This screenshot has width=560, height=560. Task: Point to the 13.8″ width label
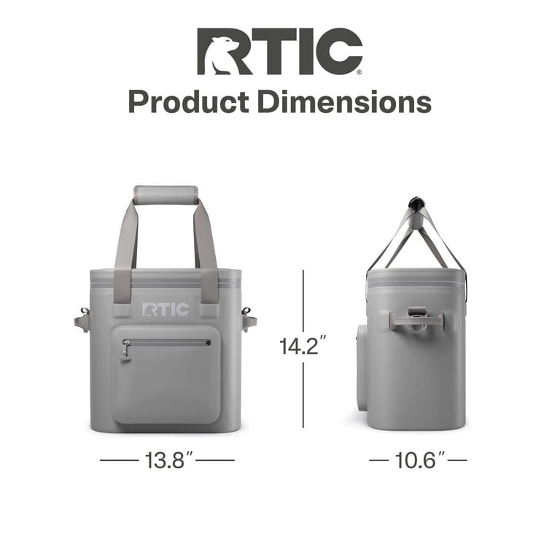[167, 460]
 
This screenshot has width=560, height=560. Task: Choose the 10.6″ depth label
[418, 460]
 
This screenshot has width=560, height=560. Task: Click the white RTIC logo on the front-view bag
[166, 310]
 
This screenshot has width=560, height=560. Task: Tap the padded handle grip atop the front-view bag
[166, 195]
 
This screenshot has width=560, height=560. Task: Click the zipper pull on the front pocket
[126, 350]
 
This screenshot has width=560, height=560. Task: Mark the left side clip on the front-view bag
[82, 319]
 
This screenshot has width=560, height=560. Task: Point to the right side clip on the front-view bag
[249, 319]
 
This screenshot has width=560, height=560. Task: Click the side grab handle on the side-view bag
[416, 319]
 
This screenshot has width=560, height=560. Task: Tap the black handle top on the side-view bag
[416, 202]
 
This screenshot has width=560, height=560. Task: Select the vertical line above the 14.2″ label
[303, 299]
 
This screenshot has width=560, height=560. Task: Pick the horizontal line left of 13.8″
[118, 460]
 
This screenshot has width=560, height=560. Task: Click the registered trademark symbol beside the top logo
[358, 72]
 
